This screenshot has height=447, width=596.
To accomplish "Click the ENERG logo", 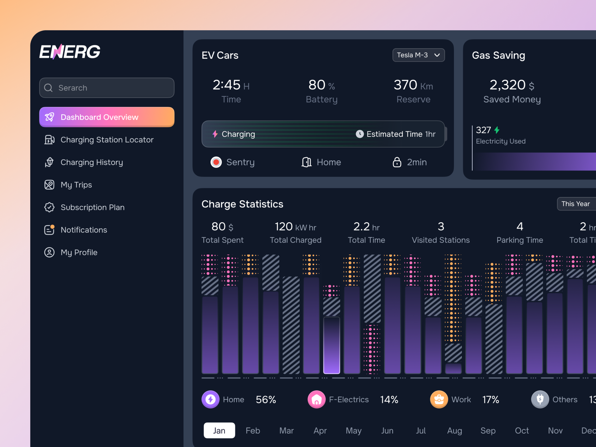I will [70, 51].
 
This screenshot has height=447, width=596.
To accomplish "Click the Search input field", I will [107, 88].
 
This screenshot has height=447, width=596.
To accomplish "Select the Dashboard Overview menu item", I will [107, 117].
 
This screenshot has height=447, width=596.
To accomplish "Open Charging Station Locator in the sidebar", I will [107, 140].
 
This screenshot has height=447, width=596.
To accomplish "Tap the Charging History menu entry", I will [92, 162].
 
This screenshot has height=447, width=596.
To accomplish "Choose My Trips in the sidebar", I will [76, 185].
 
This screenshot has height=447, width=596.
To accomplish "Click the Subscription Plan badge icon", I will [49, 207].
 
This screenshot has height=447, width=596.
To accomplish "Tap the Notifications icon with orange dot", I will [49, 230].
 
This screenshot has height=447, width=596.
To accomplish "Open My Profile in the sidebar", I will [79, 253].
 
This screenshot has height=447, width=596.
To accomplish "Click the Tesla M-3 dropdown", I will [418, 55].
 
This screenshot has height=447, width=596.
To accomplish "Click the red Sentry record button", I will [216, 162].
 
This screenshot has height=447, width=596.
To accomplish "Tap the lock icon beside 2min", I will [397, 162].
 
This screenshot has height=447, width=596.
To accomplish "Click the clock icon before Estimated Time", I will [360, 134].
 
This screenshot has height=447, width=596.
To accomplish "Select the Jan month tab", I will [219, 430].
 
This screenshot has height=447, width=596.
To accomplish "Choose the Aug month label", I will [454, 431].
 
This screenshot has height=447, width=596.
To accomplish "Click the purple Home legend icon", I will [210, 399].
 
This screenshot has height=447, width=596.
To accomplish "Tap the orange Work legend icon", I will [439, 399].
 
